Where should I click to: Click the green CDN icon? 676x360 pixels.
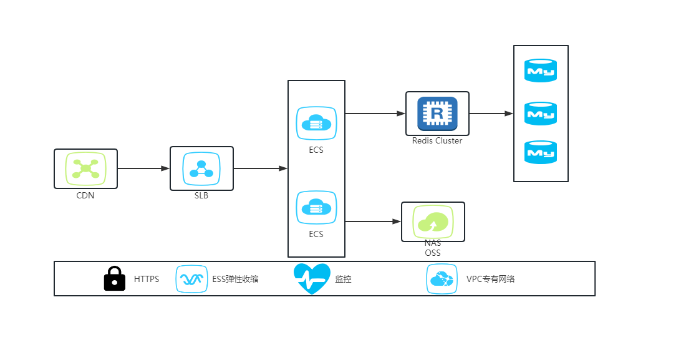tap(86, 168)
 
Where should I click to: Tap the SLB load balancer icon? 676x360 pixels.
tap(201, 168)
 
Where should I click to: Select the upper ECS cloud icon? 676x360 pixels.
tap(316, 124)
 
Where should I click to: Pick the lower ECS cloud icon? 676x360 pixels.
tap(316, 208)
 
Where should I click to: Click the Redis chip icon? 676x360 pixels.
tap(437, 114)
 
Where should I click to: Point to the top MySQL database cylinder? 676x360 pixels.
tap(541, 71)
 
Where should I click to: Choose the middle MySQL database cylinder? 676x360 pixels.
tap(541, 114)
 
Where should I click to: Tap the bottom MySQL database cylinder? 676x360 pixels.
tap(541, 152)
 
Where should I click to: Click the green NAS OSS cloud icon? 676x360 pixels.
tap(433, 221)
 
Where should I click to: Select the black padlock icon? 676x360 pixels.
tap(115, 278)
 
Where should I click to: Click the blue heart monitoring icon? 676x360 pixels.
tap(312, 278)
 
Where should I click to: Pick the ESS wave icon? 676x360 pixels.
tap(191, 279)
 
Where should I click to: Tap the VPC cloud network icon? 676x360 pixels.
tap(442, 279)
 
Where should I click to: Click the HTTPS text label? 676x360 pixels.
tap(147, 279)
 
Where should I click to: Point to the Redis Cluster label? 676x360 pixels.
tap(437, 140)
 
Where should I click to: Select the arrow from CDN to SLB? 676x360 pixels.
tap(143, 168)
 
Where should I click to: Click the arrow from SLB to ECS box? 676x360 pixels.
tap(261, 168)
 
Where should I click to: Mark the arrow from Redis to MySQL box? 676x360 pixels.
tap(491, 114)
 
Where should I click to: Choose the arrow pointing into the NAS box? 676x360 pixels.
tap(374, 221)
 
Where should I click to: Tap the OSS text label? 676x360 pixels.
tap(433, 253)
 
